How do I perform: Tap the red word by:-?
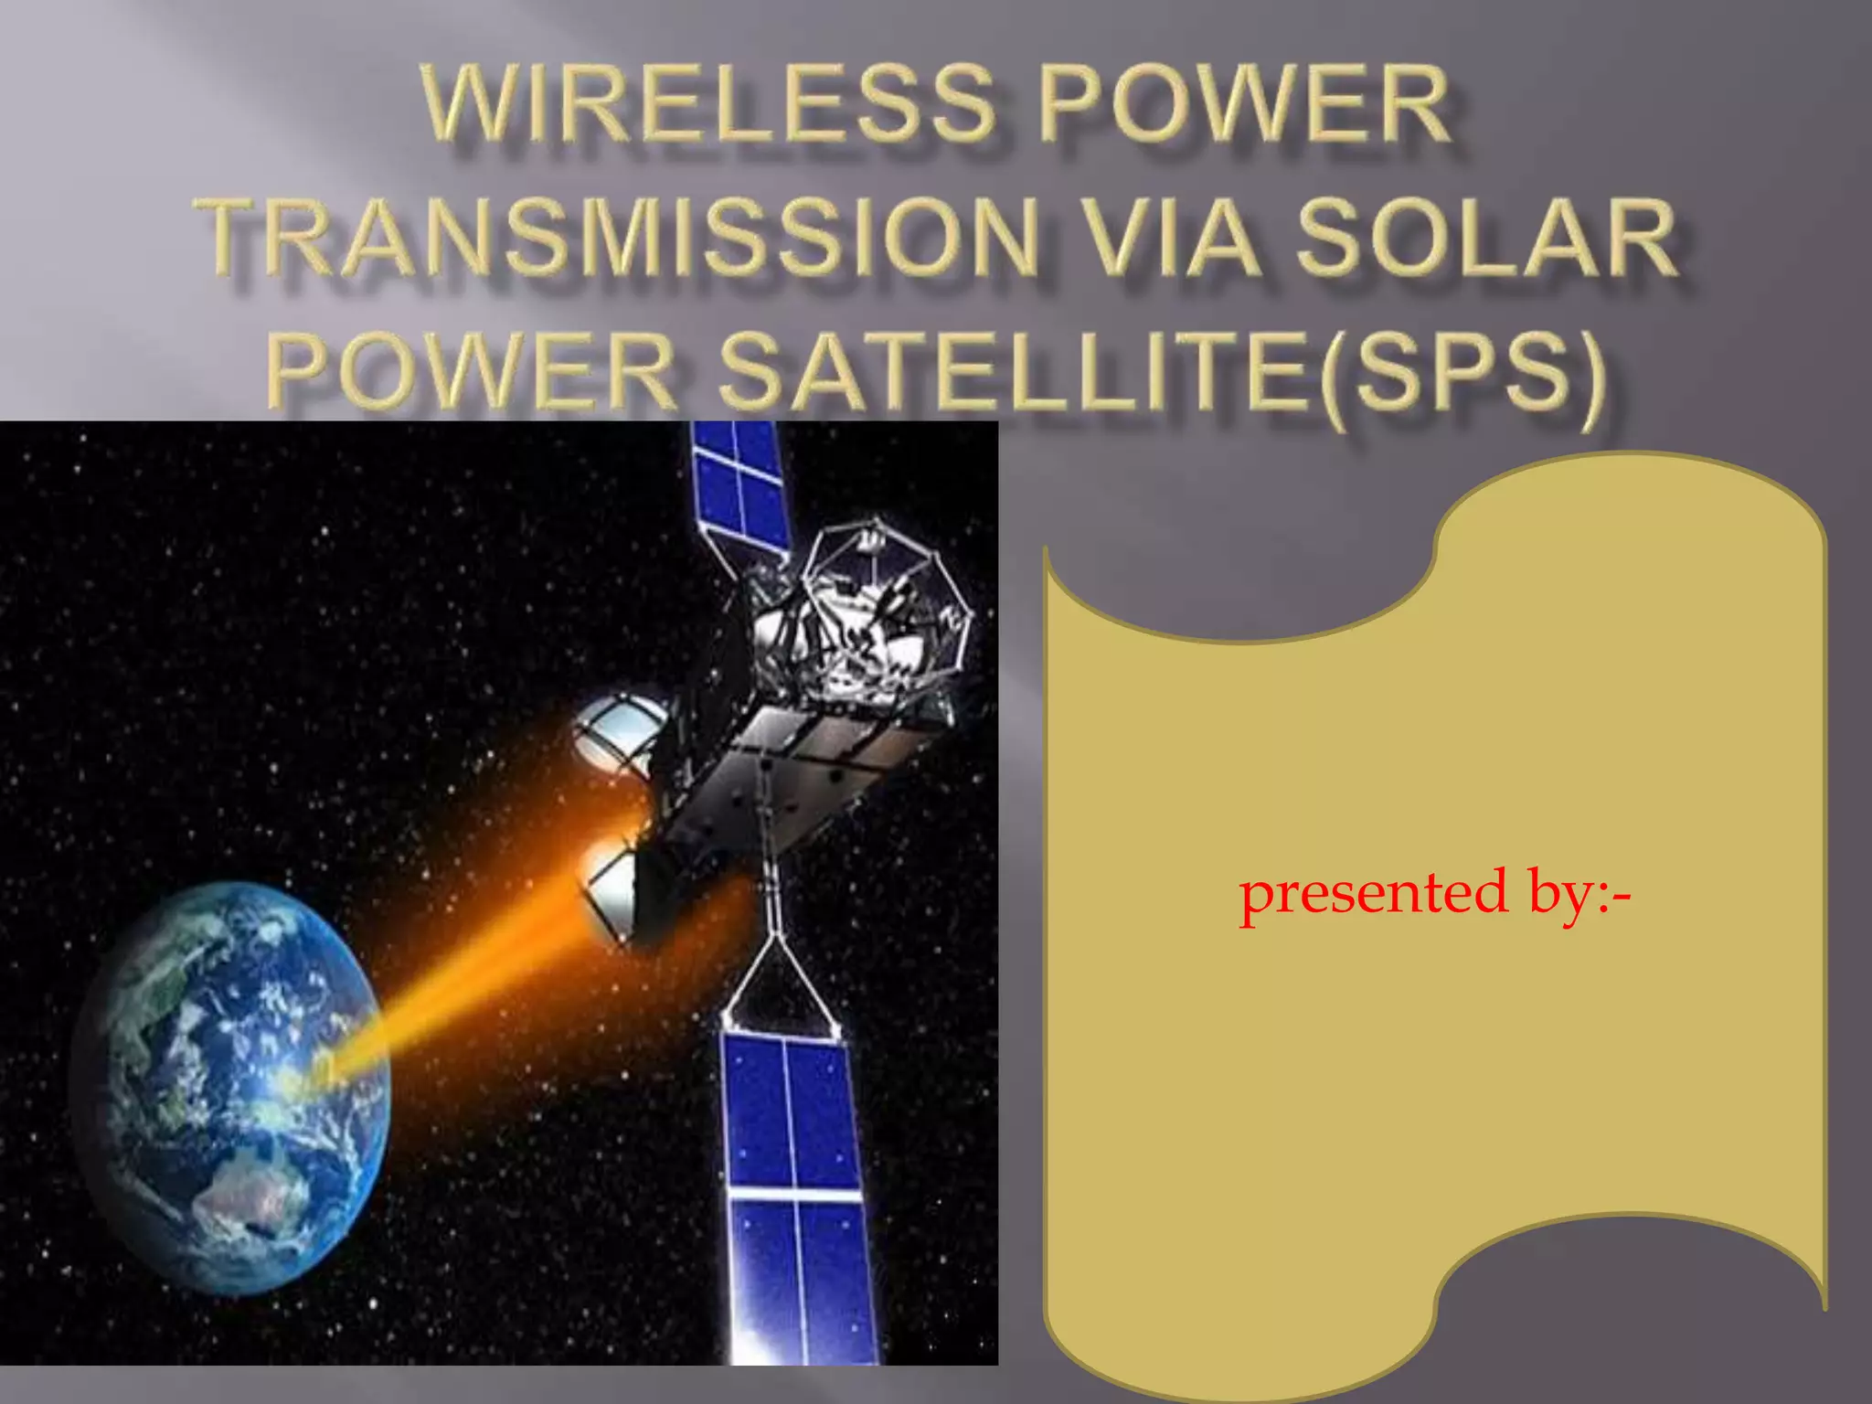(x=1579, y=894)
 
